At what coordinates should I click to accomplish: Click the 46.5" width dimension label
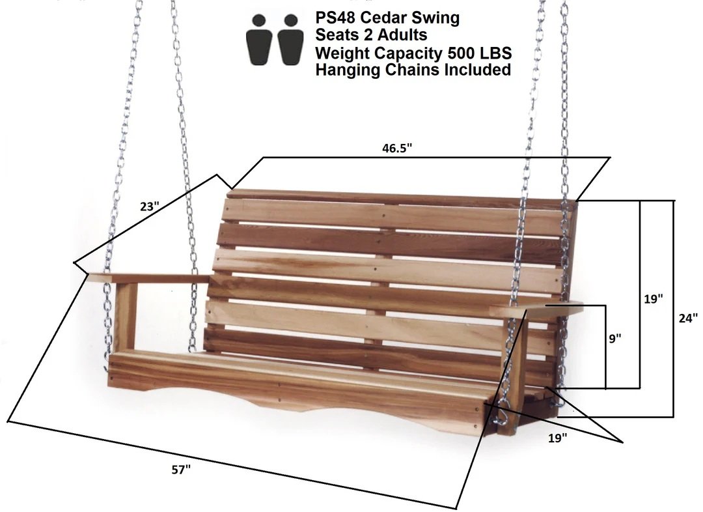pyautogui.click(x=397, y=148)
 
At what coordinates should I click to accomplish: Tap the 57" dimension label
pyautogui.click(x=181, y=470)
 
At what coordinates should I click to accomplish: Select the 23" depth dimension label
pyautogui.click(x=150, y=206)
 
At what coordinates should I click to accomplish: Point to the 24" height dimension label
pyautogui.click(x=688, y=318)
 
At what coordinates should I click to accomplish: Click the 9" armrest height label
pyautogui.click(x=615, y=338)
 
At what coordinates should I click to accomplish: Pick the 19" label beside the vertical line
pyautogui.click(x=654, y=299)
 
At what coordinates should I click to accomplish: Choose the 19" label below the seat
pyautogui.click(x=558, y=438)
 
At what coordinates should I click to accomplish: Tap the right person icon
pyautogui.click(x=290, y=40)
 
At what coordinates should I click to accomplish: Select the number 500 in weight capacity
pyautogui.click(x=460, y=53)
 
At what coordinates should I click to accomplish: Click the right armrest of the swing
pyautogui.click(x=536, y=310)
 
